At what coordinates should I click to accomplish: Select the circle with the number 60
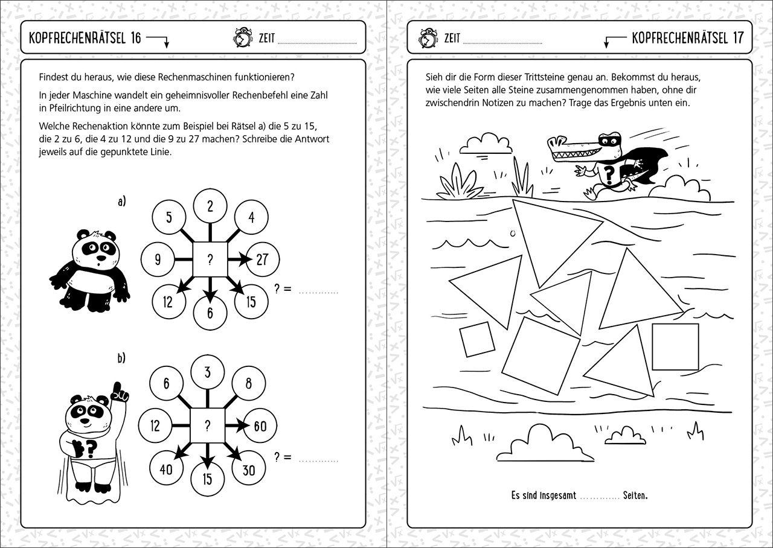coord(260,426)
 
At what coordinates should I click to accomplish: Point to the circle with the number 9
coord(158,260)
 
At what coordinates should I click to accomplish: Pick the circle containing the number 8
coord(249,383)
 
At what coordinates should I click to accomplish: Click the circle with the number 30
coord(248,470)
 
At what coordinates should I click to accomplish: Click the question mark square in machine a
coord(210,260)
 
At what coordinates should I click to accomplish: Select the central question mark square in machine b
coord(208,426)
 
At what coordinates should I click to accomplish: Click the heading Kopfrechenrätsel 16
coord(85,38)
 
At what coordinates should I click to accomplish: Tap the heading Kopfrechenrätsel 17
coord(687,38)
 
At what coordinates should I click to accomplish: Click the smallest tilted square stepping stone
coord(477,339)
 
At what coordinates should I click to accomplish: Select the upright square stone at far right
coord(675,346)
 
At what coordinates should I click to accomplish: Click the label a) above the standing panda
coord(121,202)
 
